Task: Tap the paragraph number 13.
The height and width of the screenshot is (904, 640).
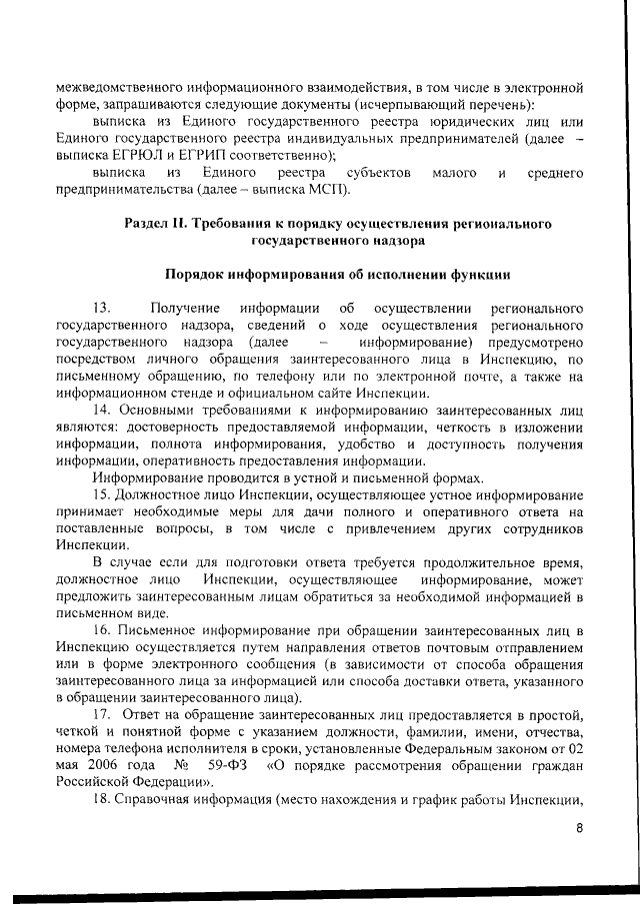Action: pos(101,307)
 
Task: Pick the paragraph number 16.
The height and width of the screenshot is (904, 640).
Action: pos(103,632)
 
